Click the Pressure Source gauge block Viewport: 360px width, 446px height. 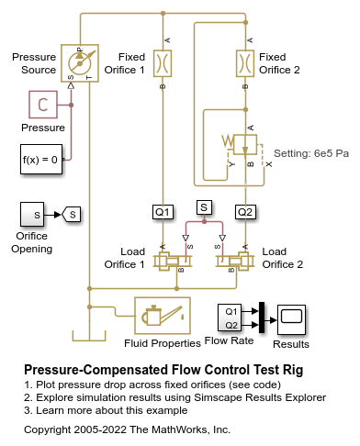(80, 63)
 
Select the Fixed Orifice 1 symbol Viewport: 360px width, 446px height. (163, 63)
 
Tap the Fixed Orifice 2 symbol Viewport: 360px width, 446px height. (245, 63)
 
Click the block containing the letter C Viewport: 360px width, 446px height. (43, 105)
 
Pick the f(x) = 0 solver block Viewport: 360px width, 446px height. (41, 160)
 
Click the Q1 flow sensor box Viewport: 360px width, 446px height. (163, 212)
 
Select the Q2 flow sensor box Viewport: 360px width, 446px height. (245, 212)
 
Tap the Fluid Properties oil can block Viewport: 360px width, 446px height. (163, 316)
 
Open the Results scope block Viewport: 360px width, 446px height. (291, 320)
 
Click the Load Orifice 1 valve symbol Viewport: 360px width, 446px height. (173, 262)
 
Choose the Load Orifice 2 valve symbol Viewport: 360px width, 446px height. (235, 262)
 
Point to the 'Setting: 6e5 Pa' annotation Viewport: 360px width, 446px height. (311, 153)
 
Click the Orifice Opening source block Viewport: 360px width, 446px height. (32, 215)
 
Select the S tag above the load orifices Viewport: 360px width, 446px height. (204, 207)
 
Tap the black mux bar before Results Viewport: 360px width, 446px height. (262, 318)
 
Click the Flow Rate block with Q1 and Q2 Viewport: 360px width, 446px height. (230, 318)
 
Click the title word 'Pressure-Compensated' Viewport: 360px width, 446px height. (96, 370)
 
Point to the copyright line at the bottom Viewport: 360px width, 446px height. (127, 429)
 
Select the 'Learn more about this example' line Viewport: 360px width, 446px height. (112, 410)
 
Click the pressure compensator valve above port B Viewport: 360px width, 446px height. (245, 144)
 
